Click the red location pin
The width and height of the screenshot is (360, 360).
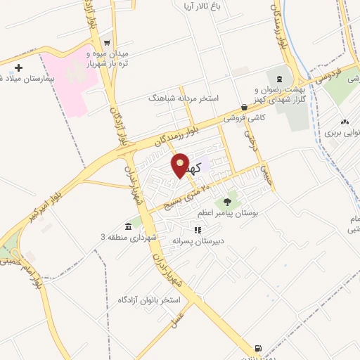(x=181, y=165)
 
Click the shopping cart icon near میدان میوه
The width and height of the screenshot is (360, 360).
(x=106, y=41)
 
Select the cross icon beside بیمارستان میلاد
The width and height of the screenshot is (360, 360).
(x=19, y=68)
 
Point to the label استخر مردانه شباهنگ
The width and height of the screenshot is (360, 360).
(x=184, y=99)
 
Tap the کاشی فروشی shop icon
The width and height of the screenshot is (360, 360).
(x=243, y=107)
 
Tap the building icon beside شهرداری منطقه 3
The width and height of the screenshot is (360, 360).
(x=128, y=226)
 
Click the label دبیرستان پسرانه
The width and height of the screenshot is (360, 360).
(x=198, y=240)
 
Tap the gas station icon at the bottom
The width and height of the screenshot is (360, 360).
(x=258, y=347)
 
